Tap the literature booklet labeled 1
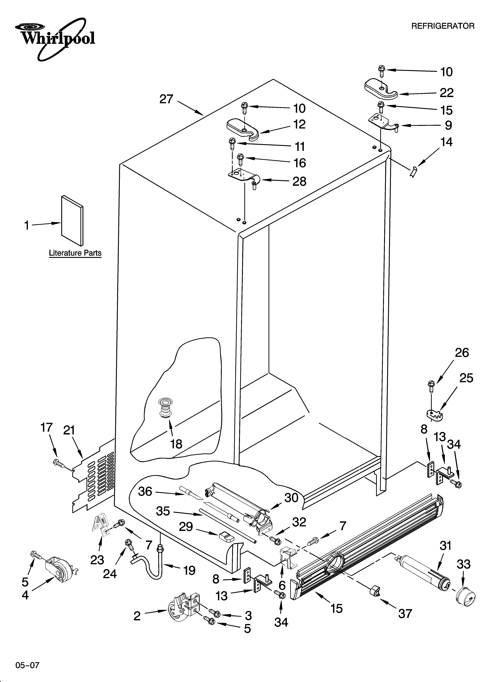pos(72,220)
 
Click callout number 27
pos(166,99)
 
